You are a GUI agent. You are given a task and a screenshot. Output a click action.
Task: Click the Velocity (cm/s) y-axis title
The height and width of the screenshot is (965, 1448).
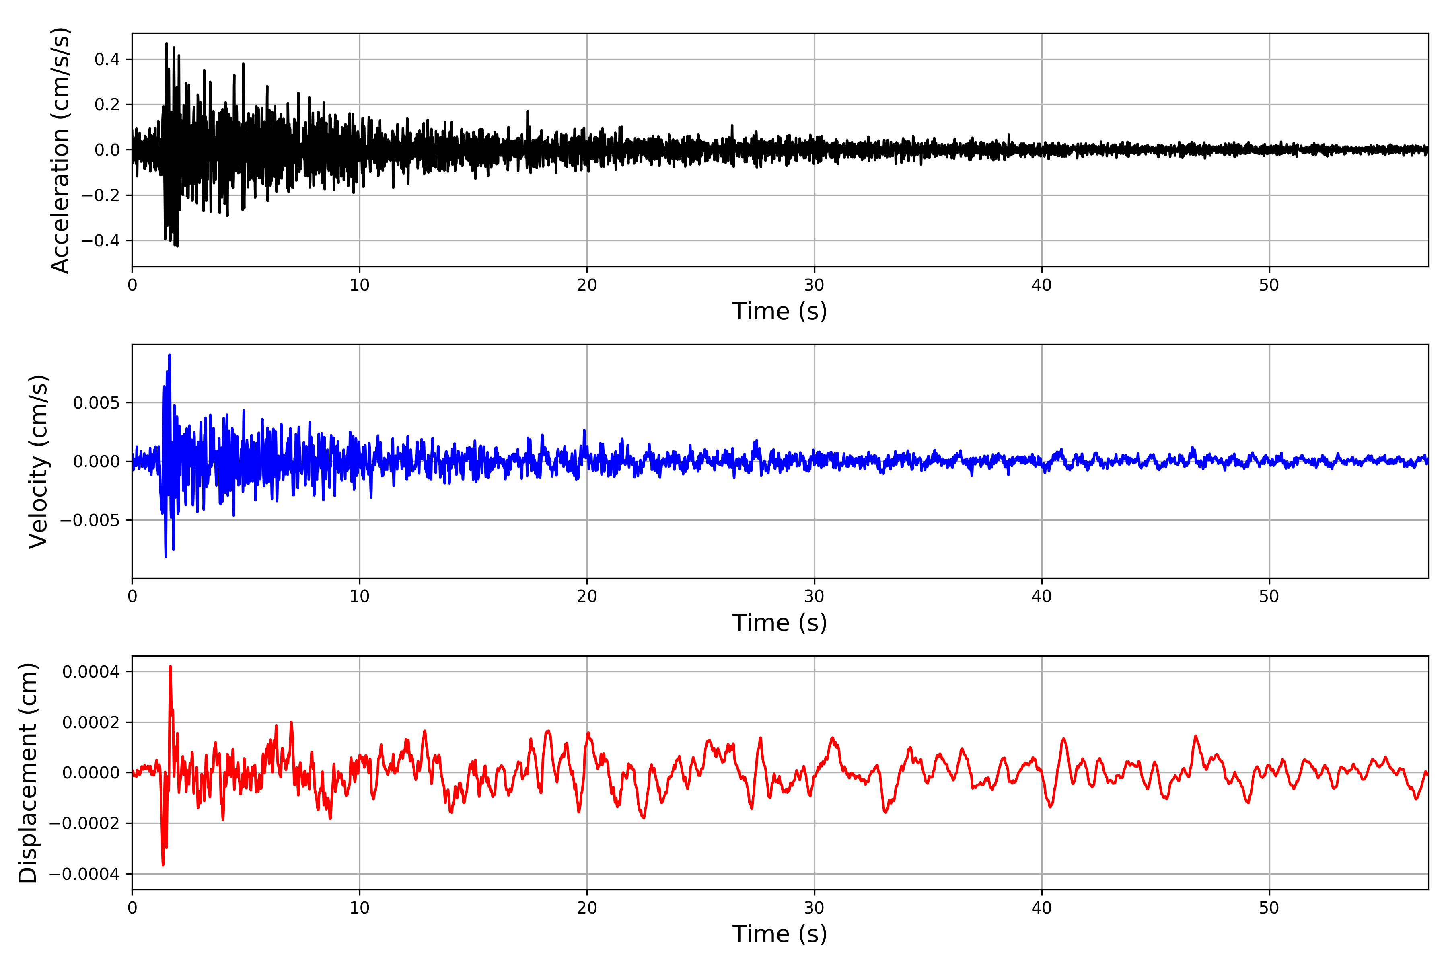[38, 462]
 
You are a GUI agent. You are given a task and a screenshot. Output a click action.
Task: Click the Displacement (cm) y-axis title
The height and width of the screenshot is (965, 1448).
[28, 773]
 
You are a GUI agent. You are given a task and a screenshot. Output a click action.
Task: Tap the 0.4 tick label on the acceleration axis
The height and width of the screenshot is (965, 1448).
[107, 60]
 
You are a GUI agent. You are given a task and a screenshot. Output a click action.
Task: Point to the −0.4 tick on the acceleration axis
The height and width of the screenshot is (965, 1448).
[100, 240]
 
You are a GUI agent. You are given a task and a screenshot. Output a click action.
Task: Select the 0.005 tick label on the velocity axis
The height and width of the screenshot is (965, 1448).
[97, 403]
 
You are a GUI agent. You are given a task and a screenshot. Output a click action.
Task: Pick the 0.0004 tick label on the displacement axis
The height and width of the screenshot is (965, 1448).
[91, 671]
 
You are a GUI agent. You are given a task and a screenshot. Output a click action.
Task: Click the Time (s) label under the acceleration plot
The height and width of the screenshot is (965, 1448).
[780, 311]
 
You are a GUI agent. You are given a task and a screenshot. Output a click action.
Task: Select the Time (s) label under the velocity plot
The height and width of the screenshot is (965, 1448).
[780, 623]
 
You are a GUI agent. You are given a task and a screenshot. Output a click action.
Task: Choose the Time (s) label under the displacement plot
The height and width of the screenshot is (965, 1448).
[780, 934]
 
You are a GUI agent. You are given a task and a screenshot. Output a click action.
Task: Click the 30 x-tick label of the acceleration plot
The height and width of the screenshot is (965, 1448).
[814, 285]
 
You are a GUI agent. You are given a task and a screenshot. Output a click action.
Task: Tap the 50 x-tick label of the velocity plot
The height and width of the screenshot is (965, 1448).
[1269, 596]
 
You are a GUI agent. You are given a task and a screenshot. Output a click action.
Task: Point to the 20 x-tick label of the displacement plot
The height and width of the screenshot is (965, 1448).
[587, 908]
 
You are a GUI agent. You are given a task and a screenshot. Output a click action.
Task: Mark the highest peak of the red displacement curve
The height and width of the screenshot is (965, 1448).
[171, 667]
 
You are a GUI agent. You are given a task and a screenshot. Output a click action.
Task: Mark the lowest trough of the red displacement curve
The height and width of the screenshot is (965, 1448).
[163, 865]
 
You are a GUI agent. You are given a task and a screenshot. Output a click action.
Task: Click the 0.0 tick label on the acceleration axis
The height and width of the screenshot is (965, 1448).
[107, 150]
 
